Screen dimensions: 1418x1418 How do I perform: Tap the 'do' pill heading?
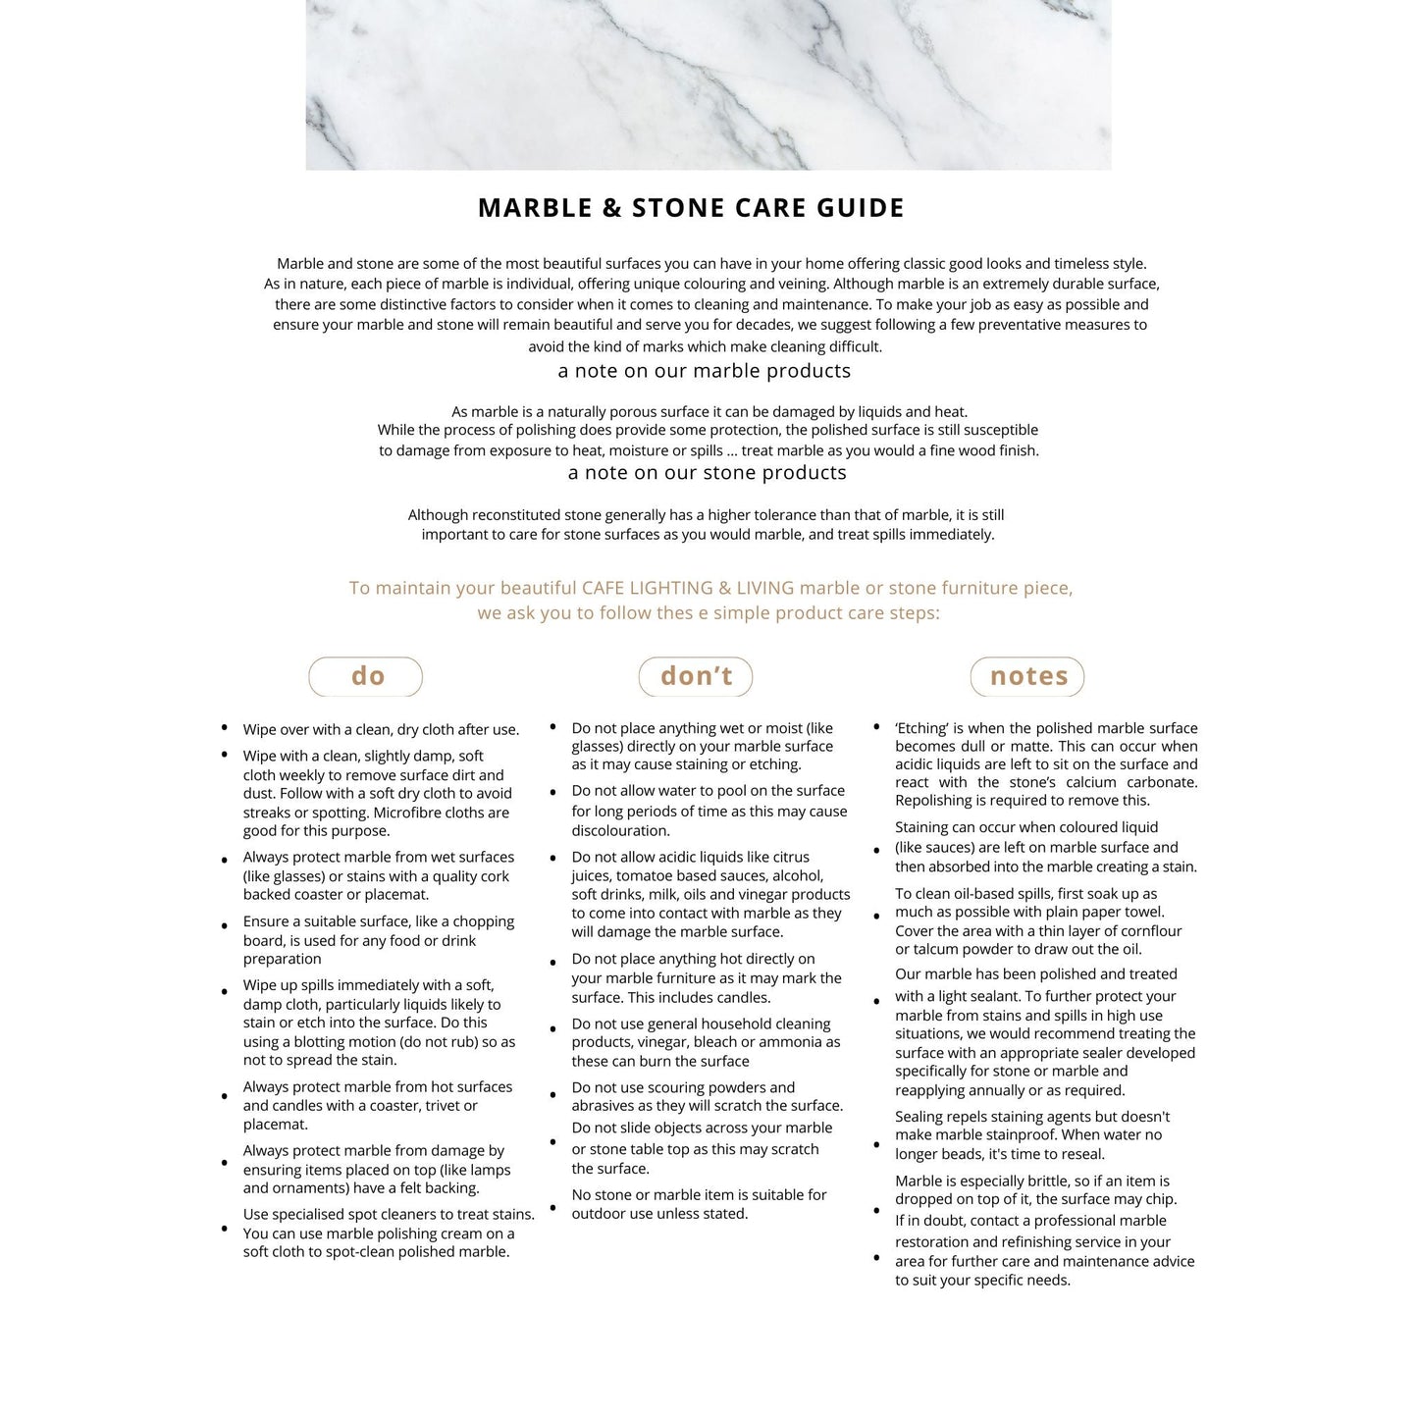coord(366,676)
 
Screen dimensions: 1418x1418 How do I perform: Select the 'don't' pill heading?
coord(696,676)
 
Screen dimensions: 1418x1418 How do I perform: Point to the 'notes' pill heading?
coord(1027,676)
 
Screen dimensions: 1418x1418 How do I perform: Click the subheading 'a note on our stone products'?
coord(707,473)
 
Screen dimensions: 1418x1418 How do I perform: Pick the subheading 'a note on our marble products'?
coord(704,371)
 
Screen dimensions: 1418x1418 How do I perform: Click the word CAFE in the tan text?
coord(604,588)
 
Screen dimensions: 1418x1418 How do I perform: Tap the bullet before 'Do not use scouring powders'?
coord(553,1093)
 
